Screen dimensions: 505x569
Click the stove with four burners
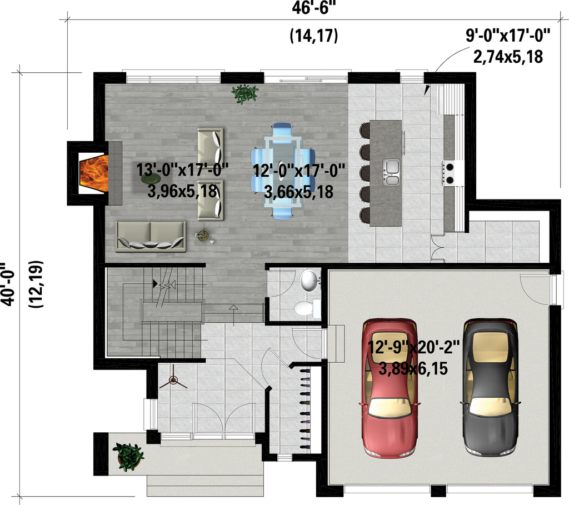(x=449, y=172)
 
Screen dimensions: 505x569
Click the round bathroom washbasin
(x=308, y=281)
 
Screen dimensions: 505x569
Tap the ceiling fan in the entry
(x=173, y=381)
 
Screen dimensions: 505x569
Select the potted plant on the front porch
(x=128, y=456)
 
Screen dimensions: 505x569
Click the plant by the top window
(x=244, y=93)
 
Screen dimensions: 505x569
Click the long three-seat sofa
(x=151, y=237)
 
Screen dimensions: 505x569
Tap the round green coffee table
(x=151, y=179)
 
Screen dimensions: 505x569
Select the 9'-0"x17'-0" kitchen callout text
(x=508, y=37)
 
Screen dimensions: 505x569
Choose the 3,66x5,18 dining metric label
(x=298, y=193)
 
